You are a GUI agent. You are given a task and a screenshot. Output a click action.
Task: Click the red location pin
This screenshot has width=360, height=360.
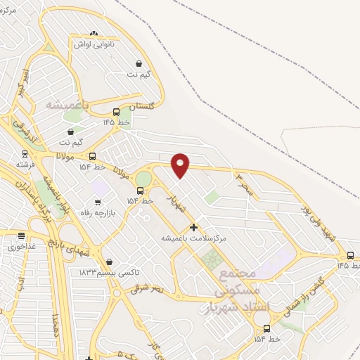tap(181, 165)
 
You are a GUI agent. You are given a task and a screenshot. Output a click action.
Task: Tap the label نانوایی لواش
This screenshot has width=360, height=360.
tap(94, 43)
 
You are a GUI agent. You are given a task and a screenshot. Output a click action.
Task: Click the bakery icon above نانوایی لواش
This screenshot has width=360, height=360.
tap(94, 32)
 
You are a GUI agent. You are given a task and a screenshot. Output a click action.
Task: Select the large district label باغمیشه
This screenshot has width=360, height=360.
tap(69, 105)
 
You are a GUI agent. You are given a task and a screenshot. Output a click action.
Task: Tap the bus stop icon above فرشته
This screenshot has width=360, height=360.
tap(25, 153)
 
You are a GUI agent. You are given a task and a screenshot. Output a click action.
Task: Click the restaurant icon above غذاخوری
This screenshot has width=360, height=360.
tap(21, 237)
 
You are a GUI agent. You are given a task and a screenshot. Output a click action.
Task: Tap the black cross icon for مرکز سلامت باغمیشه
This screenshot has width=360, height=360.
tap(193, 228)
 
